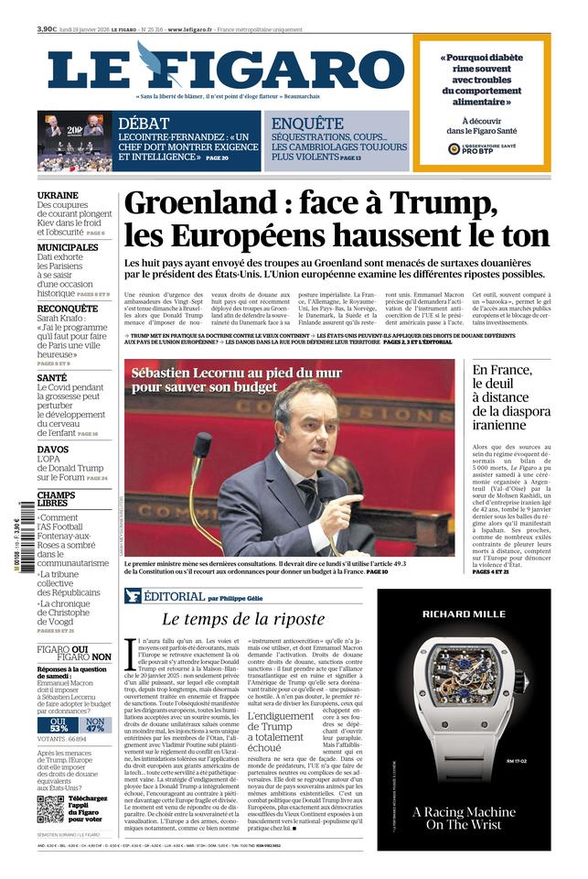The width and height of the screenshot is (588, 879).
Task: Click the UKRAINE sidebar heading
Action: click(x=57, y=195)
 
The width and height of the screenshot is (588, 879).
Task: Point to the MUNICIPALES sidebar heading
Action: click(x=68, y=247)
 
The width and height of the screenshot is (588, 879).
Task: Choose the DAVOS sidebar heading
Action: click(x=52, y=450)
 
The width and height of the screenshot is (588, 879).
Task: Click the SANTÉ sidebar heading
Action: click(x=52, y=377)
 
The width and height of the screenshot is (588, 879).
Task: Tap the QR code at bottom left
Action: click(x=50, y=809)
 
